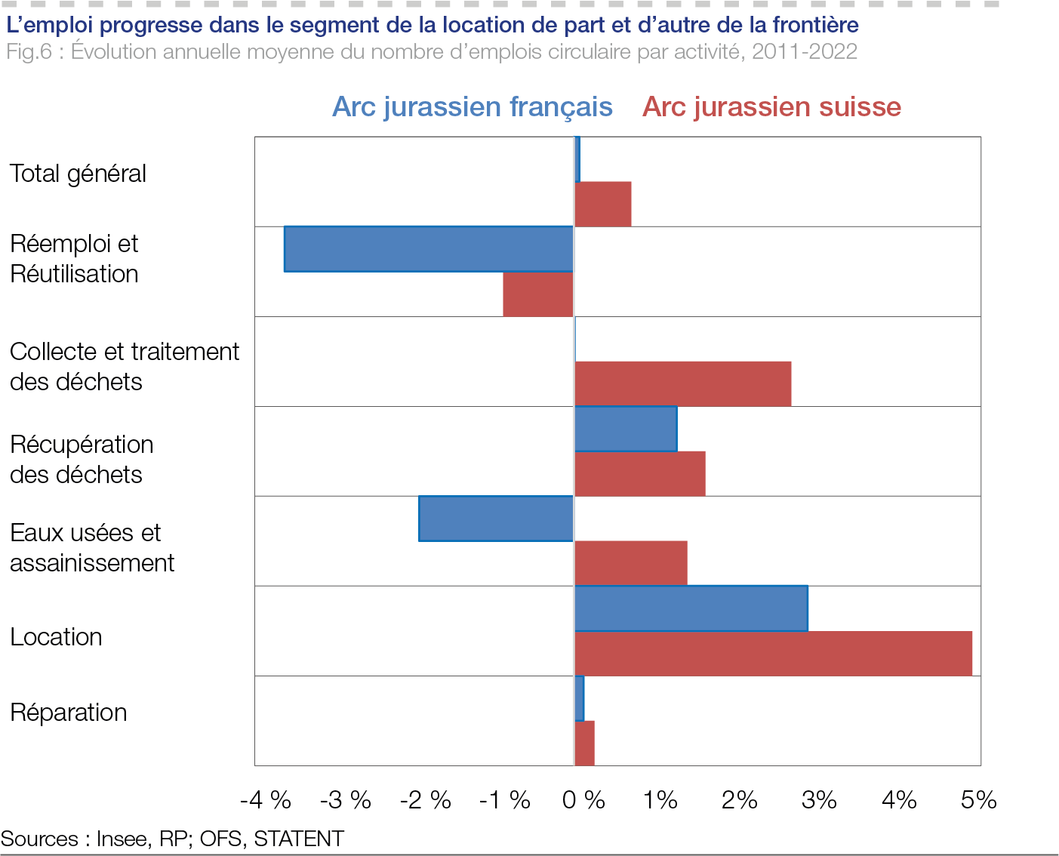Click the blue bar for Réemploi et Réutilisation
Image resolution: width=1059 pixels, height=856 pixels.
tap(429, 249)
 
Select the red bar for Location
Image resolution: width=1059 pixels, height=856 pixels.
tap(773, 654)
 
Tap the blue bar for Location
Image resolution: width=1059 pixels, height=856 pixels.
tap(691, 608)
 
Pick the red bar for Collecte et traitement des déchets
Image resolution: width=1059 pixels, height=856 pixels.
tap(683, 384)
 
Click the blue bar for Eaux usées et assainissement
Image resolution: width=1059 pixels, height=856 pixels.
tap(496, 519)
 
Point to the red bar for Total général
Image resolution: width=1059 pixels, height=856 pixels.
tap(603, 204)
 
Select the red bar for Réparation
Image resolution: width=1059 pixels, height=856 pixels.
tap(585, 744)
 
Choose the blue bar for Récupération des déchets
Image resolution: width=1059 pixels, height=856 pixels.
tap(626, 429)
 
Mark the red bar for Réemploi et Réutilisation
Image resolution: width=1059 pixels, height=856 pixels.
tap(538, 294)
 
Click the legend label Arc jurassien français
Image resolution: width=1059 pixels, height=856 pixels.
tap(473, 107)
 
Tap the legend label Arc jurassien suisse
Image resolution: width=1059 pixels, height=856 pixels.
tap(771, 107)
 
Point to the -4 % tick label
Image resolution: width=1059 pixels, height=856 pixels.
tap(266, 800)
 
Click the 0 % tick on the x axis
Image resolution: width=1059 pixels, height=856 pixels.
tap(583, 800)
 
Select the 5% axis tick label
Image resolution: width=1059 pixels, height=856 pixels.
tap(978, 800)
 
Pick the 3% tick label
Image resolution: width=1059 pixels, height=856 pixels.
tap(819, 800)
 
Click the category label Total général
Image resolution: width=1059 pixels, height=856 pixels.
tap(78, 174)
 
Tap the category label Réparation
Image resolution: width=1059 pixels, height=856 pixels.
tap(69, 713)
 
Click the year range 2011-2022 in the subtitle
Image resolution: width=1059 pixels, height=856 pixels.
tap(805, 52)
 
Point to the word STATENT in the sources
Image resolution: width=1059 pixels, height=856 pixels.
tap(299, 839)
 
